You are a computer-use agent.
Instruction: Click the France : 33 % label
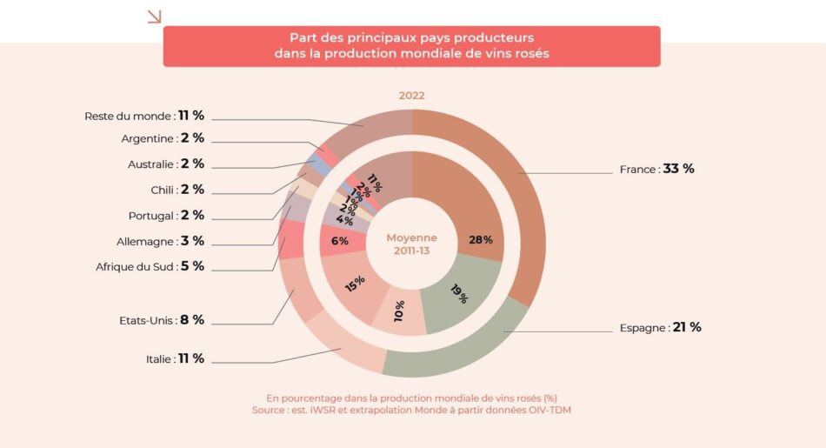(x=656, y=169)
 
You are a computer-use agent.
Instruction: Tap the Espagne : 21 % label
(x=660, y=328)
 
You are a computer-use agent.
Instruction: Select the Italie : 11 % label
(x=175, y=358)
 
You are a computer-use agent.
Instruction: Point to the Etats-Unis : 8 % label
(x=162, y=319)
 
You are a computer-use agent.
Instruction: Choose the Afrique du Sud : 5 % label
(x=150, y=266)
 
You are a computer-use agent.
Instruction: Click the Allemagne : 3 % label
(x=160, y=241)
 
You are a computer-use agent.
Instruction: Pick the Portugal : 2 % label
(x=166, y=215)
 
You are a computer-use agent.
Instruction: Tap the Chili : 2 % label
(x=177, y=190)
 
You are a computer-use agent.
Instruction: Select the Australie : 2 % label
(x=166, y=164)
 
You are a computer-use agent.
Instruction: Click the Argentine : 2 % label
(x=163, y=138)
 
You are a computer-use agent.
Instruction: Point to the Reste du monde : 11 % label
(x=144, y=116)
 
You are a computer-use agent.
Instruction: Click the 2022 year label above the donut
(x=412, y=96)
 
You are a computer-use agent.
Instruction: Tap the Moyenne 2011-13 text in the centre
(x=412, y=244)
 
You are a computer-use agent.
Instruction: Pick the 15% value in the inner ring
(x=354, y=284)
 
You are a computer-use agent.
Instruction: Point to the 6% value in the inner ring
(x=340, y=241)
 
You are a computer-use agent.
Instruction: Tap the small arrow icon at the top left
(x=154, y=16)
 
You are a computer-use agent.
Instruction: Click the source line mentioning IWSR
(x=412, y=409)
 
